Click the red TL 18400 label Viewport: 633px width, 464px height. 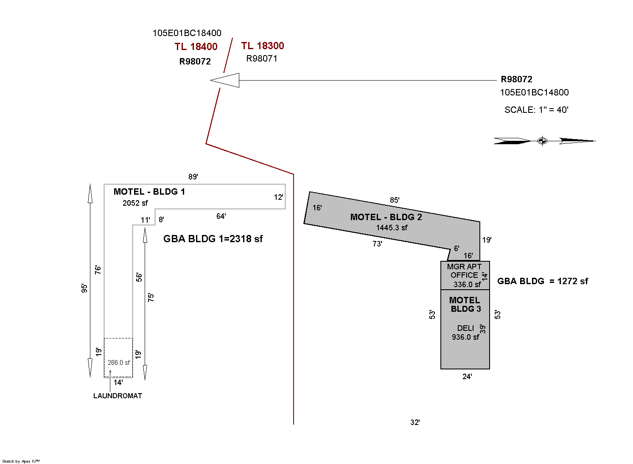[x=196, y=47]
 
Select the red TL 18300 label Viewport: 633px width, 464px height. [x=263, y=46]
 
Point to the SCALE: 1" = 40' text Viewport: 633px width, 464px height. [x=536, y=110]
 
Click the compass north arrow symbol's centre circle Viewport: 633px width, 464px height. [x=542, y=141]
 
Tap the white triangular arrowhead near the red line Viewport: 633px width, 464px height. [x=225, y=80]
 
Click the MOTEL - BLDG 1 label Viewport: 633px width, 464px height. [x=149, y=192]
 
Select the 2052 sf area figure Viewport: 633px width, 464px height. [x=135, y=203]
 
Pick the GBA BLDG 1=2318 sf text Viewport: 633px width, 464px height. [x=213, y=239]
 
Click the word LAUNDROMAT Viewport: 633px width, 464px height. [x=118, y=396]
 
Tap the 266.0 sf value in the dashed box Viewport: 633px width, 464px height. [x=119, y=363]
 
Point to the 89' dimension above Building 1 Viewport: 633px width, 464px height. [x=193, y=177]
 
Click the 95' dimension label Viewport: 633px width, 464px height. [x=85, y=288]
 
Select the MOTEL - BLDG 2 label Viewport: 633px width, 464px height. [x=386, y=217]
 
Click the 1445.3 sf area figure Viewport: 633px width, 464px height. [x=392, y=228]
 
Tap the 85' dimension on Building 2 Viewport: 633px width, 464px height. [x=395, y=200]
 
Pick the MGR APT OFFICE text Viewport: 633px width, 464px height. [x=464, y=271]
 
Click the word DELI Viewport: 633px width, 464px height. [x=465, y=328]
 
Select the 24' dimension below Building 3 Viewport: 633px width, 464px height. [x=467, y=377]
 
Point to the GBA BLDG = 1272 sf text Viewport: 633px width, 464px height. [x=543, y=281]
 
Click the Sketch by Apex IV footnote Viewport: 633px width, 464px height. [x=21, y=461]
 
